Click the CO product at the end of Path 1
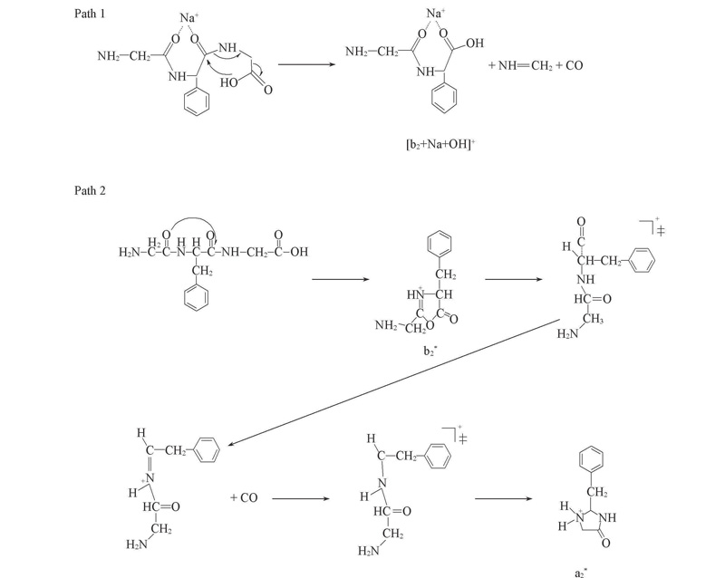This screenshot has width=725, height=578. [x=574, y=65]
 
